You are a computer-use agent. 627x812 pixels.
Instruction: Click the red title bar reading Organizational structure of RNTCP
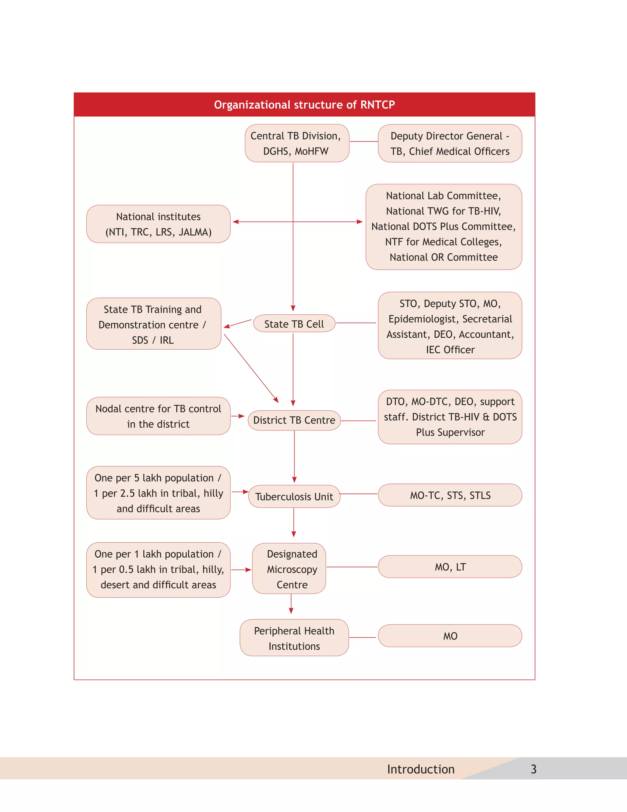click(304, 105)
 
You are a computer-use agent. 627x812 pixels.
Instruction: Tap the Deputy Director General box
click(450, 143)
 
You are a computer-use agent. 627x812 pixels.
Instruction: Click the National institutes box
click(158, 224)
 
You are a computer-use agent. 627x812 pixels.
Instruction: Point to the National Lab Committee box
click(444, 227)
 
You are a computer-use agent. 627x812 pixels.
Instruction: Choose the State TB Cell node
click(294, 324)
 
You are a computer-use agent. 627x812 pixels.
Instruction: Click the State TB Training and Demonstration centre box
click(153, 324)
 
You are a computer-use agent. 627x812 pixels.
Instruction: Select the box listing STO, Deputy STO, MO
click(450, 326)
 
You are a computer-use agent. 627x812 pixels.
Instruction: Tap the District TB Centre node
click(294, 420)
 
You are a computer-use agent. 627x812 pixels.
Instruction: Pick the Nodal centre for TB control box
click(158, 416)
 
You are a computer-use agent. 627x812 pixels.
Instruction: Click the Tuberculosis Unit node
click(294, 497)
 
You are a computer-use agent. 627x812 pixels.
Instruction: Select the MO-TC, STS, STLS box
click(450, 495)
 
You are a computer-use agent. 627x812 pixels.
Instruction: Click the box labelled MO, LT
click(450, 567)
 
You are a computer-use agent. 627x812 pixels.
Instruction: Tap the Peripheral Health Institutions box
click(294, 638)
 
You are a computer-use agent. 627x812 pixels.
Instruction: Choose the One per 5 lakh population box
click(158, 493)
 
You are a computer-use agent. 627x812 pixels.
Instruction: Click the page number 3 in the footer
click(533, 769)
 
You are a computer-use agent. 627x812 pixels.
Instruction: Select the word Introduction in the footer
click(421, 769)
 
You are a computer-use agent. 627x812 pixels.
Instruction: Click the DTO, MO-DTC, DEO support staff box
click(450, 417)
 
